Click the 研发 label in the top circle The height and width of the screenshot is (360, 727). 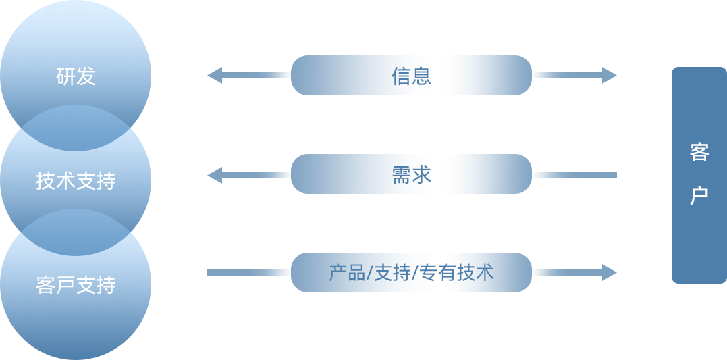coord(76,76)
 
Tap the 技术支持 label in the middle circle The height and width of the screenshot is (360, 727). coord(76,181)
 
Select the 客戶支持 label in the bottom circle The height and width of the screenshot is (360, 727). coord(76,285)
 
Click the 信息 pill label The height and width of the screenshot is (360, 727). coord(411,75)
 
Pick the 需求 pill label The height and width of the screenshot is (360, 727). coord(411,174)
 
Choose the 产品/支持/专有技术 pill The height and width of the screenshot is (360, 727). coord(411,273)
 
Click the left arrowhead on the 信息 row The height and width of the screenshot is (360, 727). coord(215,75)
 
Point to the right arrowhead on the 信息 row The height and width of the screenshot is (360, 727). coord(610,75)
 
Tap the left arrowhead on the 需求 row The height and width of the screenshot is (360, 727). coord(215,175)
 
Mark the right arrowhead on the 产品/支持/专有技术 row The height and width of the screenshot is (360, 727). coord(610,273)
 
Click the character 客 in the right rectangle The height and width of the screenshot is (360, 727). coord(699,152)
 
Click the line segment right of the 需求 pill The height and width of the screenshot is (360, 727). coord(574,175)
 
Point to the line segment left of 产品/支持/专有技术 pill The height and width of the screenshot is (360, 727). coord(248,273)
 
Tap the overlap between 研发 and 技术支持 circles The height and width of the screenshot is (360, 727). coord(76,128)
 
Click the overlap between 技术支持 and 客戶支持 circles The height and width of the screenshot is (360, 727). coord(76,233)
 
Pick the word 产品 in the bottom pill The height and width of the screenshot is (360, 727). coord(348,273)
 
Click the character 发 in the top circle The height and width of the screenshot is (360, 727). coord(86,76)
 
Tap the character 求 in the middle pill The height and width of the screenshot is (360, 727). coord(421,174)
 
